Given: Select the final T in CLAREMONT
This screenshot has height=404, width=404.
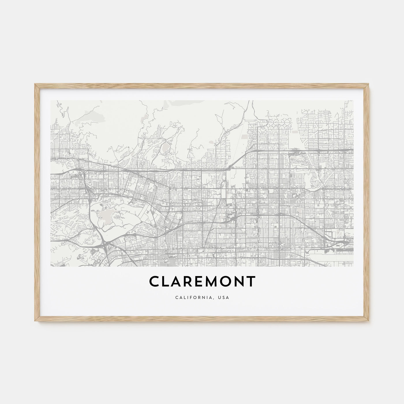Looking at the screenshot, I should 251,282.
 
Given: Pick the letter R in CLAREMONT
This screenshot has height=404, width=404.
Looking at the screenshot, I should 181,282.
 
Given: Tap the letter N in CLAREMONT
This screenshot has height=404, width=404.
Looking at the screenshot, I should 237,282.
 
